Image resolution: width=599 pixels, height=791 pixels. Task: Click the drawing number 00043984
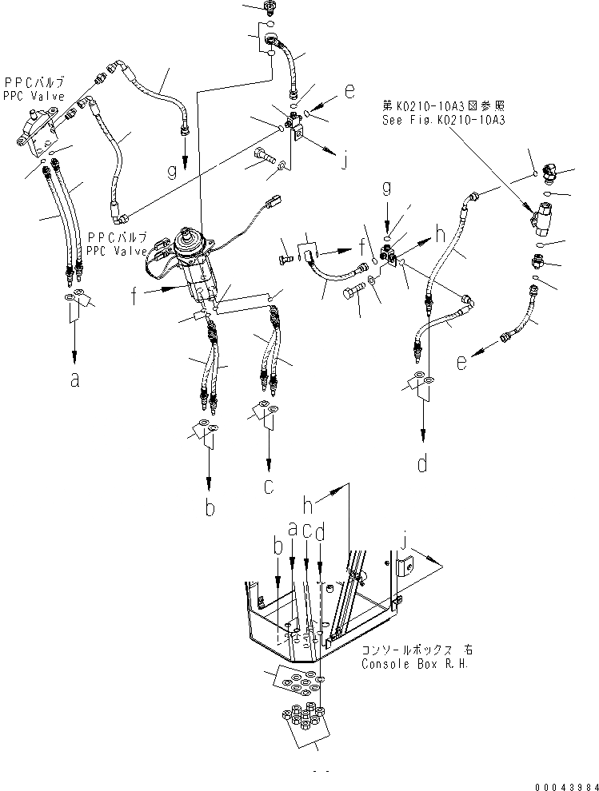pyautogui.click(x=564, y=784)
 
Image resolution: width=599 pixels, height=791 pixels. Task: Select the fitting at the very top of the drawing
pyautogui.click(x=270, y=8)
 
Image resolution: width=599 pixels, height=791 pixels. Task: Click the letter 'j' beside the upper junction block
pyautogui.click(x=345, y=162)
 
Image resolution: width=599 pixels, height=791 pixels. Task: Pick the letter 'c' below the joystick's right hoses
pyautogui.click(x=270, y=487)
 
